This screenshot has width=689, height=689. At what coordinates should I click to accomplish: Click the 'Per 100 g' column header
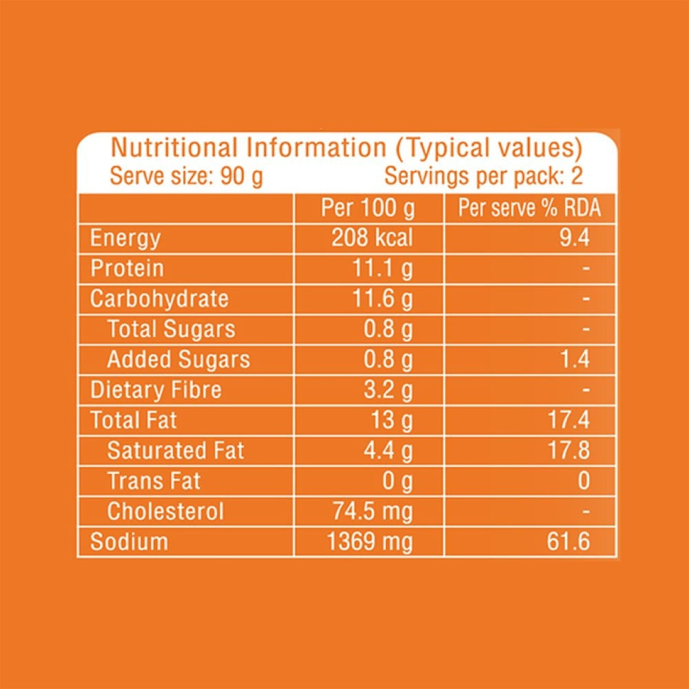coord(368,209)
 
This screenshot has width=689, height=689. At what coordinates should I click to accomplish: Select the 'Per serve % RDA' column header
coord(529,209)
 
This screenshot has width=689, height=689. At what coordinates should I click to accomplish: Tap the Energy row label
coord(125,238)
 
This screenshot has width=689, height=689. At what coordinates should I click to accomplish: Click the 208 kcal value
coord(372,238)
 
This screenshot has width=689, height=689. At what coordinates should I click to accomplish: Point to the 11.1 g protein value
coord(383,269)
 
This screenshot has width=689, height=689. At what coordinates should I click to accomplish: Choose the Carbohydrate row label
coord(159,299)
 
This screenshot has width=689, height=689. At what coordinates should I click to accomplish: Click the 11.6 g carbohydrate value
coord(383,299)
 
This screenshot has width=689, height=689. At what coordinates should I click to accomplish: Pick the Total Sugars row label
coord(172,329)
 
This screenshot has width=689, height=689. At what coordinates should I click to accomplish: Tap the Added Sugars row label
coord(178,360)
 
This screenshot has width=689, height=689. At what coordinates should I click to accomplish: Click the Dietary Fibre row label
coord(156,390)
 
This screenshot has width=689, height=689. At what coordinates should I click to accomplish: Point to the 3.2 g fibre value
coord(388,390)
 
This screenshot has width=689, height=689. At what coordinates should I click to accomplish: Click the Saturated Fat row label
coord(176,451)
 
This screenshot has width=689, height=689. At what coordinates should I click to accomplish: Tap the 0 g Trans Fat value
coord(398,481)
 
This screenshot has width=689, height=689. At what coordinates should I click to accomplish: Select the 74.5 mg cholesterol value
coord(373,511)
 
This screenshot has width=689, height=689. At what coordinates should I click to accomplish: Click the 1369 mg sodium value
coord(371,542)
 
